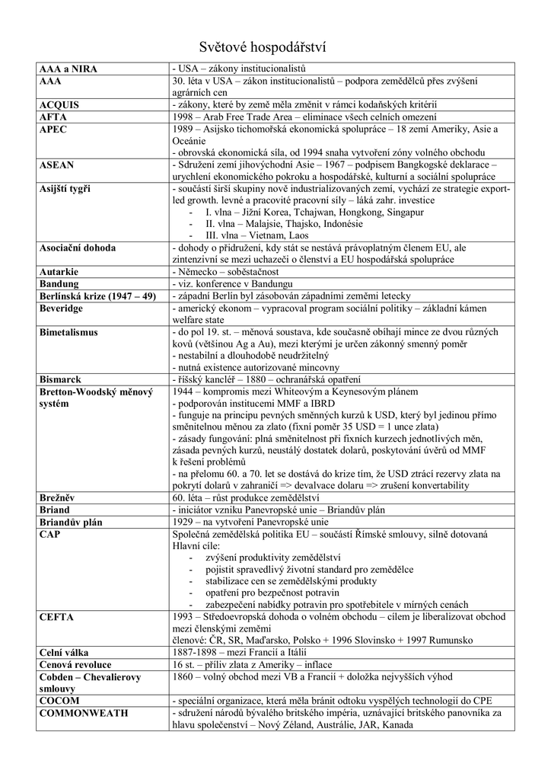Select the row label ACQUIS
click(x=59, y=104)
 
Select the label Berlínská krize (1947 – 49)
click(x=97, y=296)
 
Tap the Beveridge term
click(x=63, y=308)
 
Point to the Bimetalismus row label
click(x=74, y=332)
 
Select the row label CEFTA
click(x=56, y=617)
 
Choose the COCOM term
click(x=59, y=700)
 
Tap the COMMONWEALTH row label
click(x=84, y=713)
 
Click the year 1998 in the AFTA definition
click(x=185, y=117)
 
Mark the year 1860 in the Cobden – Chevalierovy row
click(x=185, y=676)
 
